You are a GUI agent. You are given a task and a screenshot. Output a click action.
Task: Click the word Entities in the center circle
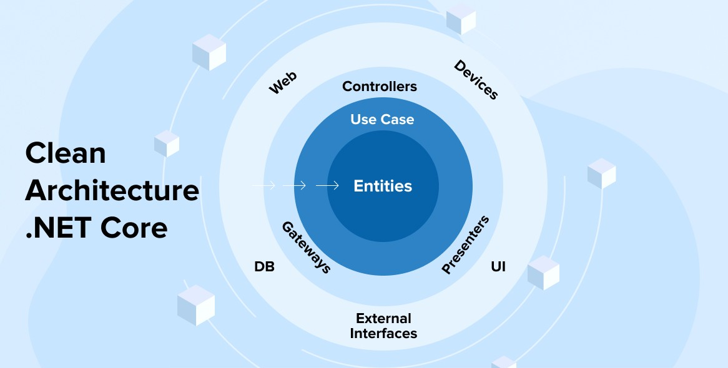[x=383, y=186]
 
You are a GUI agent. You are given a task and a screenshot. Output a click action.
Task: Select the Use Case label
[x=382, y=119]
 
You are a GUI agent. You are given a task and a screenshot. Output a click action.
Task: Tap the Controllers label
[x=380, y=86]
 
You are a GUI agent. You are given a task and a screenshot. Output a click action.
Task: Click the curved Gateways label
[x=306, y=247]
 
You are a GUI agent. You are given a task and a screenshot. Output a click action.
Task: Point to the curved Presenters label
[x=465, y=245]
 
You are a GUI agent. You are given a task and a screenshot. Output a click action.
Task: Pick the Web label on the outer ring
[x=283, y=83]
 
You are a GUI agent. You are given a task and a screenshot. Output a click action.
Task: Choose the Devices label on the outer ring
[x=476, y=80]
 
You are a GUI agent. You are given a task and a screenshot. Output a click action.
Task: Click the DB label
[x=264, y=267]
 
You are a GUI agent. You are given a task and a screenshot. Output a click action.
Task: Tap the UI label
[x=498, y=267]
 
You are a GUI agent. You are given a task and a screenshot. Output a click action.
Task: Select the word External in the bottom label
[x=383, y=319]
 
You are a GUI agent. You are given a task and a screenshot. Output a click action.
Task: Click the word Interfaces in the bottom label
[x=383, y=334]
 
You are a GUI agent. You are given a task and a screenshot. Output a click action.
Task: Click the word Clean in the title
[x=66, y=153]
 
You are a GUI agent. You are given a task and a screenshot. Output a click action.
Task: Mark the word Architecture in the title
[x=112, y=190]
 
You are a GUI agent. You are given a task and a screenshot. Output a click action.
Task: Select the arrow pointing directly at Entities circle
[x=327, y=186]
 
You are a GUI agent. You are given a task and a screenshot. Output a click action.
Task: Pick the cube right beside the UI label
[x=543, y=273]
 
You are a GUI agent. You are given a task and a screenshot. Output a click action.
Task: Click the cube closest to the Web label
[x=209, y=52]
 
